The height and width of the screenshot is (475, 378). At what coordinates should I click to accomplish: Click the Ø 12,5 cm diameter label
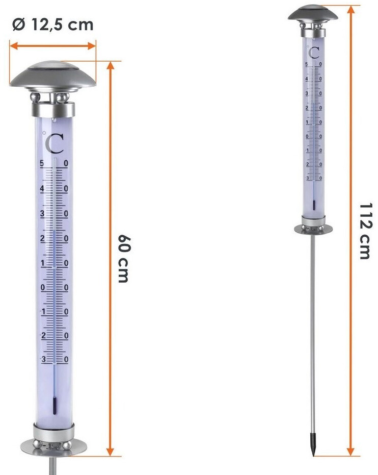pos(52,24)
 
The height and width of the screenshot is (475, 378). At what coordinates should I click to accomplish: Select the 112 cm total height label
pos(365,231)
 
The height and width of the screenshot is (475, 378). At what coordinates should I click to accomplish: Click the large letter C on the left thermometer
pos(55,143)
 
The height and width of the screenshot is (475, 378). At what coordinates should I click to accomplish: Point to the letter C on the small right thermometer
pos(314,53)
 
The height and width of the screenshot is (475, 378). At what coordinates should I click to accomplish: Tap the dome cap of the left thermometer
pos(53,77)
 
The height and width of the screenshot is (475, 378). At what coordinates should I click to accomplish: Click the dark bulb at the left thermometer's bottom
pos(55,406)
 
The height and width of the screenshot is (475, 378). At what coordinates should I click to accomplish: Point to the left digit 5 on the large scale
pos(42,164)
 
